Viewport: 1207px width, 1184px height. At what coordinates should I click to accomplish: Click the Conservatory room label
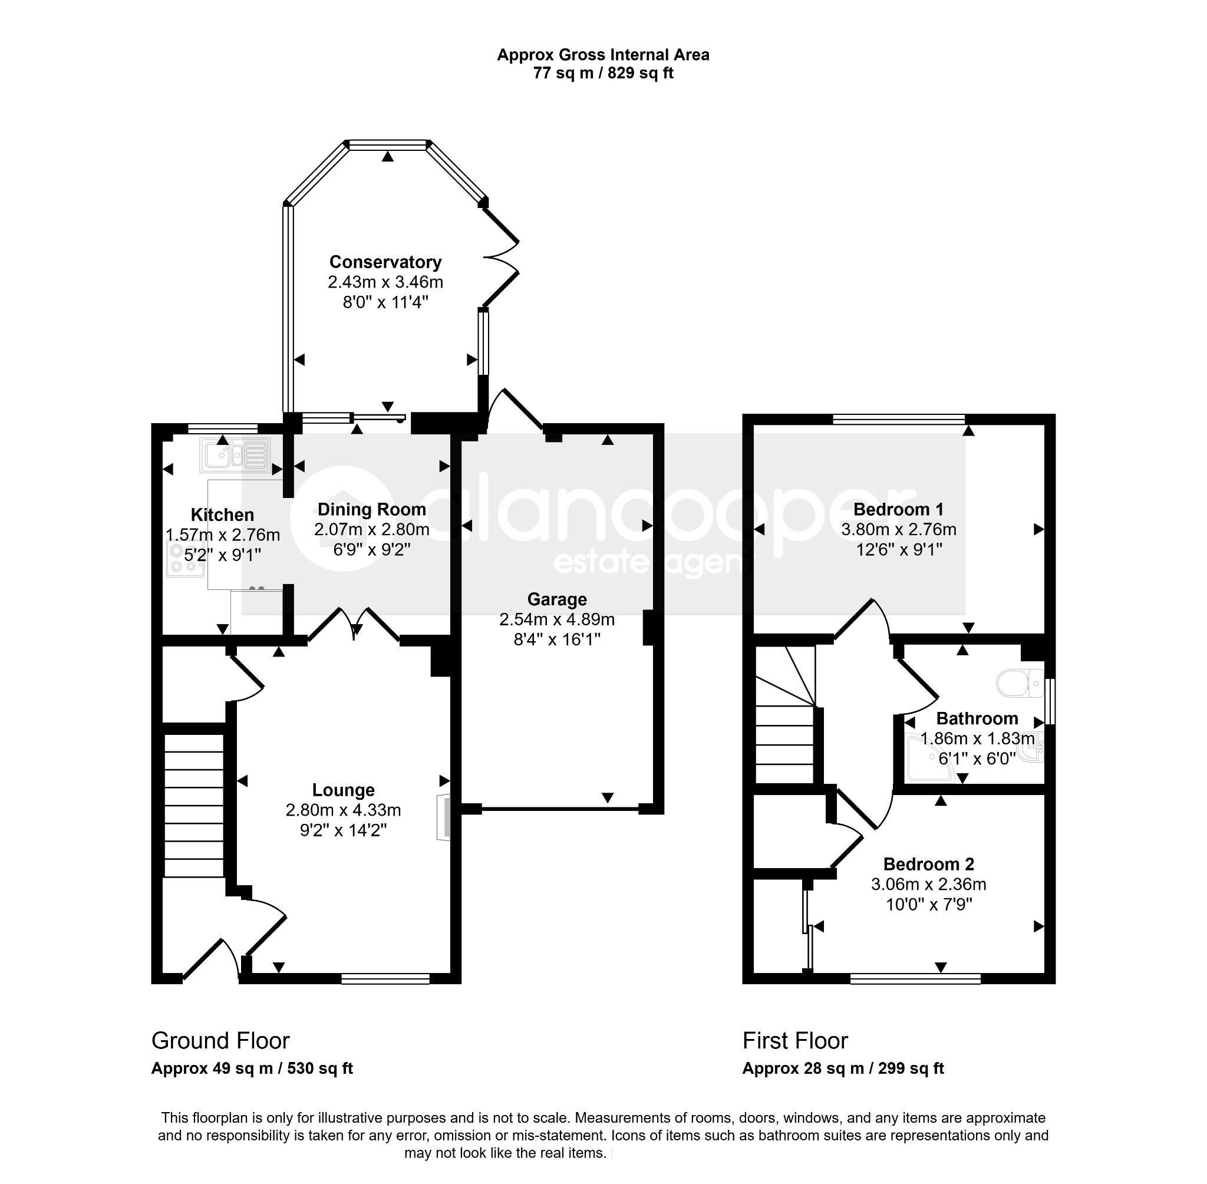[x=385, y=262]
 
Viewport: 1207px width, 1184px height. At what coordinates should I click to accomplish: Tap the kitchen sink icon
[x=235, y=454]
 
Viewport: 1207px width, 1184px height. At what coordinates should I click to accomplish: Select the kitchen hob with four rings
[x=185, y=559]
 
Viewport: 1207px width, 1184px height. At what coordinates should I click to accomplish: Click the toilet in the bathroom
[x=1020, y=683]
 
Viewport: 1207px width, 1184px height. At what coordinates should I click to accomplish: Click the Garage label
[x=557, y=599]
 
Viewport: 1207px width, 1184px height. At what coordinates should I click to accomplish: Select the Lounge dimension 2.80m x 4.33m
[x=343, y=810]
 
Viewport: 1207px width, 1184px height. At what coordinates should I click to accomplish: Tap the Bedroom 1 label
[x=899, y=509]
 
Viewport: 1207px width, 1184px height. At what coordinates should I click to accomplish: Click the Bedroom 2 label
[x=928, y=864]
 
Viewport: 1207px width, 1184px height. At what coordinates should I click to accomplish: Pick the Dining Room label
[x=372, y=509]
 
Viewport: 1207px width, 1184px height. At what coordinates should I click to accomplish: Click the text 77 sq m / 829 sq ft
[x=603, y=74]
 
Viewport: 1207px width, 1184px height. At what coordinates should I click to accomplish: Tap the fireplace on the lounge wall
[x=443, y=817]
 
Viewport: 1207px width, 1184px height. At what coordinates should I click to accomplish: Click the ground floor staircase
[x=194, y=806]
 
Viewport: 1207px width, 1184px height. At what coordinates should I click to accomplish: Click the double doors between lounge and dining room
[x=354, y=624]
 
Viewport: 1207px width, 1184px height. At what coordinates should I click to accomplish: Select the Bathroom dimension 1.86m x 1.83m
[x=978, y=739]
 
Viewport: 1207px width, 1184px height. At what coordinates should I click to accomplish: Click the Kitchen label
[x=222, y=515]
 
